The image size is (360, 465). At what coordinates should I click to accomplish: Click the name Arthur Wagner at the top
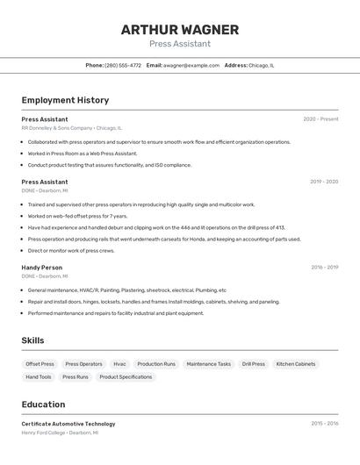point(179,29)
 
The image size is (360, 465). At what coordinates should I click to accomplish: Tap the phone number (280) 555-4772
point(123,65)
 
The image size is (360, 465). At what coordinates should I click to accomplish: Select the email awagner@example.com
point(191,65)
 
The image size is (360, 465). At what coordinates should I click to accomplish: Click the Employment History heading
point(65,100)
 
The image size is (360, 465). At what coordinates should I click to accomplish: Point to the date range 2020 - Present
point(320,119)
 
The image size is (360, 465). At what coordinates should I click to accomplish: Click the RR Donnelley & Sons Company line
point(72,128)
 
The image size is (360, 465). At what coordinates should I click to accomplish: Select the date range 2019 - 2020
point(324,182)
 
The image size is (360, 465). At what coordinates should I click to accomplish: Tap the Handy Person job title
point(42,267)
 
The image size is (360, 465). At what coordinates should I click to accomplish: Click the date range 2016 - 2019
point(324,267)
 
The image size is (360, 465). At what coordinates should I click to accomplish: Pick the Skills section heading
point(33,340)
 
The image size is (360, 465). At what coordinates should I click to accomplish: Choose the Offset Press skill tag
point(40,363)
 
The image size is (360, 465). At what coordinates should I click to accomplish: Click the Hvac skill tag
point(119,363)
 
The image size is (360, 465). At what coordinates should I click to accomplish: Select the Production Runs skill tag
point(156,363)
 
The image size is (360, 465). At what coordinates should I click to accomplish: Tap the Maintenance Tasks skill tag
point(208,363)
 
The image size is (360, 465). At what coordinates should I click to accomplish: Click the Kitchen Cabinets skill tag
point(296,363)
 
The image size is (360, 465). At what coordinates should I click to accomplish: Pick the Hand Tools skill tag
point(39,376)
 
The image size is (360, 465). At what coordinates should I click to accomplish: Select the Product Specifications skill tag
point(126,376)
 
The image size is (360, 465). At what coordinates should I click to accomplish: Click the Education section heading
point(43,404)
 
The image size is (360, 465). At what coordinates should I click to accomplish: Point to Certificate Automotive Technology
point(68,424)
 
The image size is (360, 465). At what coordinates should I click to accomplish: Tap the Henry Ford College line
point(60,433)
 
